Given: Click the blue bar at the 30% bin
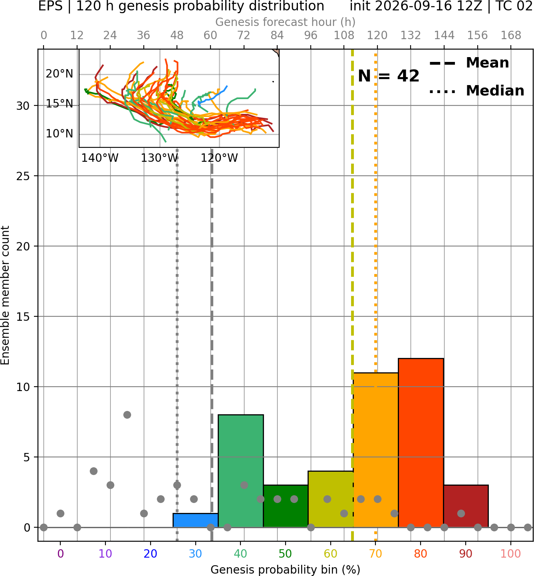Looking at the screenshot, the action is pos(195,520).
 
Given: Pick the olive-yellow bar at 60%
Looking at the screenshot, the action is pos(331,499).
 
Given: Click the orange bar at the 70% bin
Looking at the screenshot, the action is pos(376,450).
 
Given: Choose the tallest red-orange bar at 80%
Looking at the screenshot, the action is pos(421,443).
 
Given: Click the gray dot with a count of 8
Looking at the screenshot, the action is pos(127,415).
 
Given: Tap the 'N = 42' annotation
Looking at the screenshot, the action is pos(389,76).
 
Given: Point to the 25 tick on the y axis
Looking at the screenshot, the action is pos(23,176).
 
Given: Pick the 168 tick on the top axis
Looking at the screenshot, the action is pos(511,36).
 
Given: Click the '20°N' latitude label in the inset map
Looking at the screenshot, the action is pos(60,74).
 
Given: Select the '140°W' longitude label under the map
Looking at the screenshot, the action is pos(100,158).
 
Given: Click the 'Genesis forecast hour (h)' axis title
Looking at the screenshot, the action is pos(286,22).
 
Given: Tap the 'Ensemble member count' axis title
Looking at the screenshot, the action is pos(5,295).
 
